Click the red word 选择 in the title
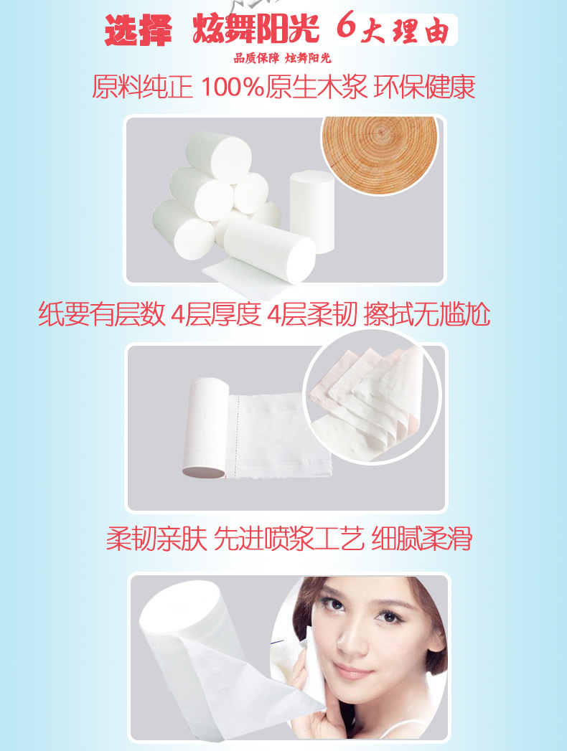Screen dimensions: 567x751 tap(138, 31)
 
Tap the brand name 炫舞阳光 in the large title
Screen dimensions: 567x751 tap(256, 29)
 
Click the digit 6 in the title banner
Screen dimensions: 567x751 tap(346, 27)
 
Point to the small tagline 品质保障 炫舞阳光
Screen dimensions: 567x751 tap(282, 58)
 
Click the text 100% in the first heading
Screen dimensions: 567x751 tap(232, 88)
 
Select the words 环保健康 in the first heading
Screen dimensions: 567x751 tap(424, 88)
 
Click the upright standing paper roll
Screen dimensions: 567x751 tap(311, 211)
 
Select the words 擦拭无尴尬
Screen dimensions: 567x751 tap(426, 314)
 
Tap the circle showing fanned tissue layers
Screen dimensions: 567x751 tap(372, 397)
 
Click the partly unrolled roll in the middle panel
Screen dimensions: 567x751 tap(206, 428)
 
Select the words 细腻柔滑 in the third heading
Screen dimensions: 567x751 tap(422, 539)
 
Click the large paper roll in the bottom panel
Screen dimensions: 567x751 tap(201, 637)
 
